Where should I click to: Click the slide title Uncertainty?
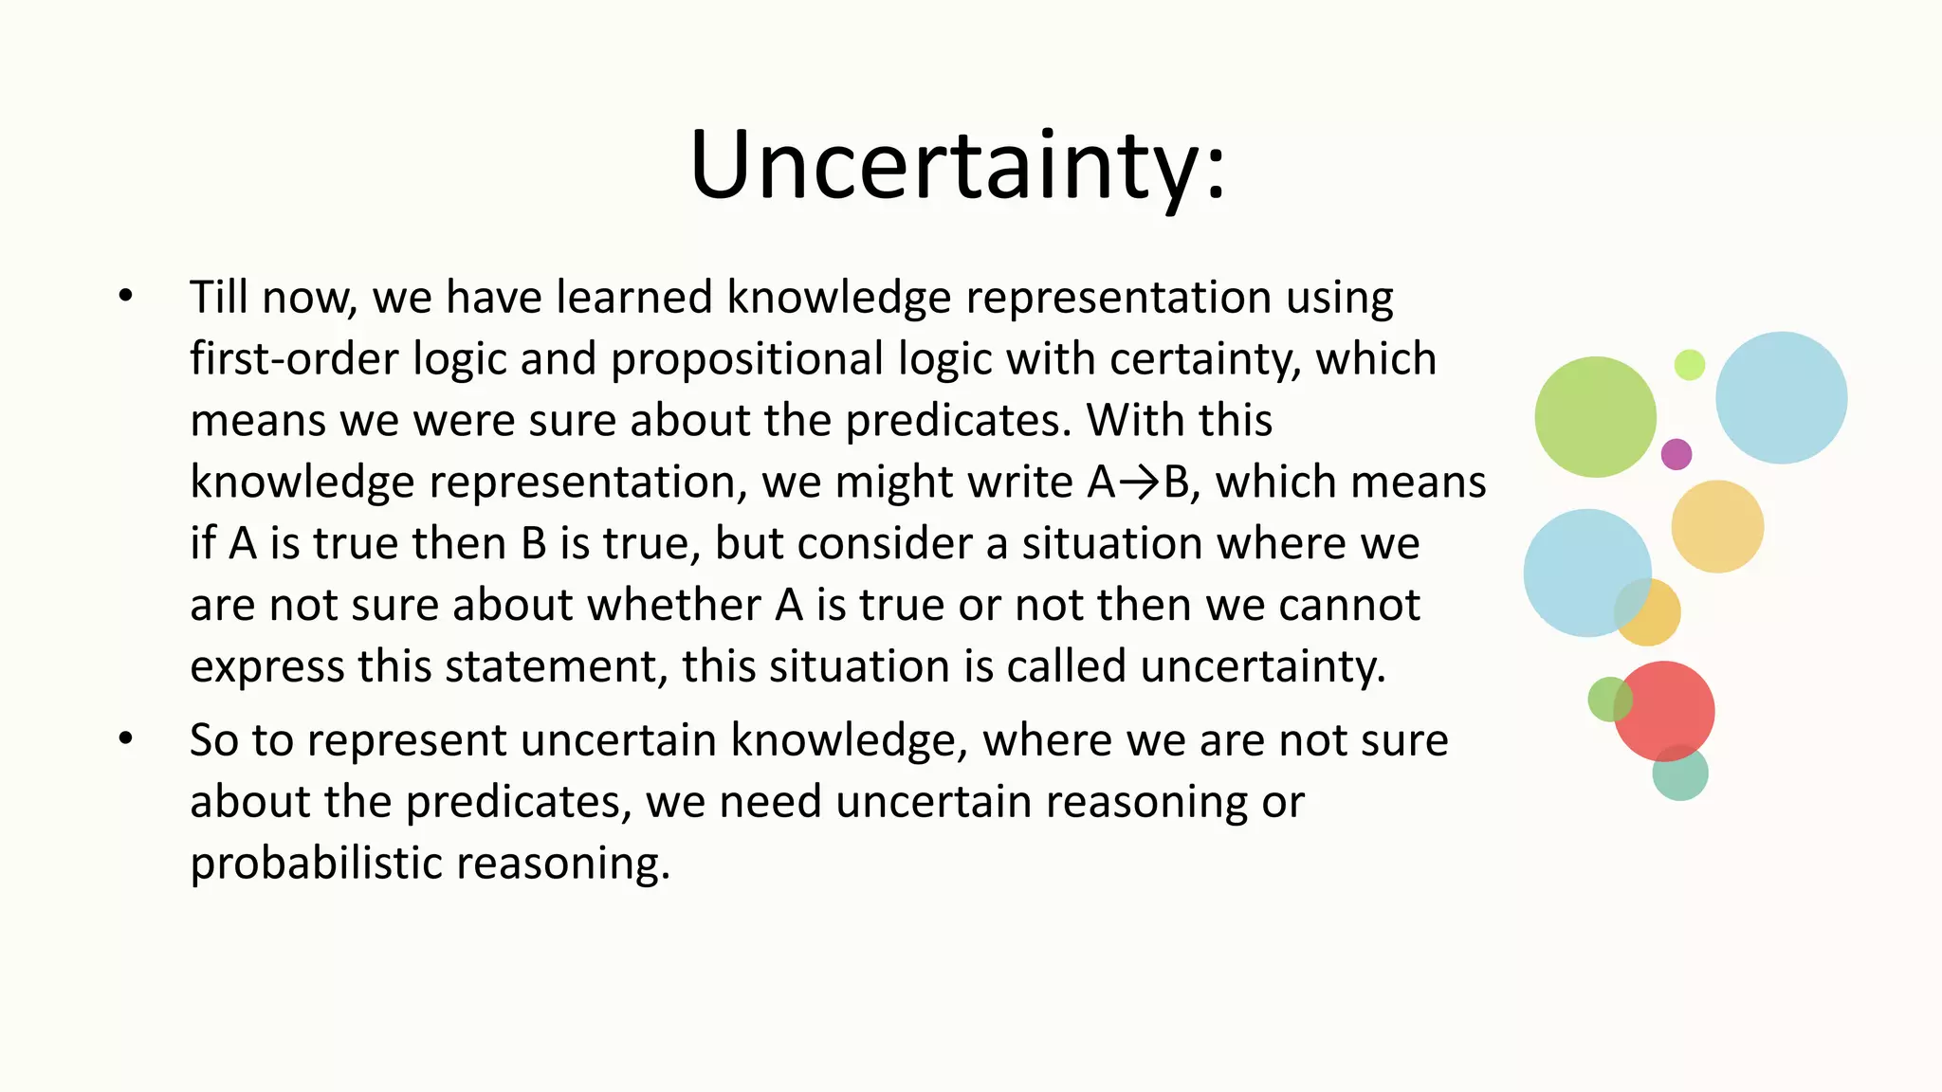pos(958,166)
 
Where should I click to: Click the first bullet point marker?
pos(126,297)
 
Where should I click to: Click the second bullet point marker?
pos(126,739)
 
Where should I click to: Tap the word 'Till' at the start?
pos(218,297)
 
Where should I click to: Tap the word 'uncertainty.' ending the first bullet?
pos(1263,666)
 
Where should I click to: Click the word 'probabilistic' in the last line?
pos(315,864)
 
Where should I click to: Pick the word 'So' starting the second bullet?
pos(213,739)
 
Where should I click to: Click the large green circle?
pos(1595,417)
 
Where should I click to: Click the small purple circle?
pos(1676,454)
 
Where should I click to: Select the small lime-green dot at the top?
pos(1689,364)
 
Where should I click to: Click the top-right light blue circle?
pos(1781,397)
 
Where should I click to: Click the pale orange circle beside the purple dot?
pos(1717,526)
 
